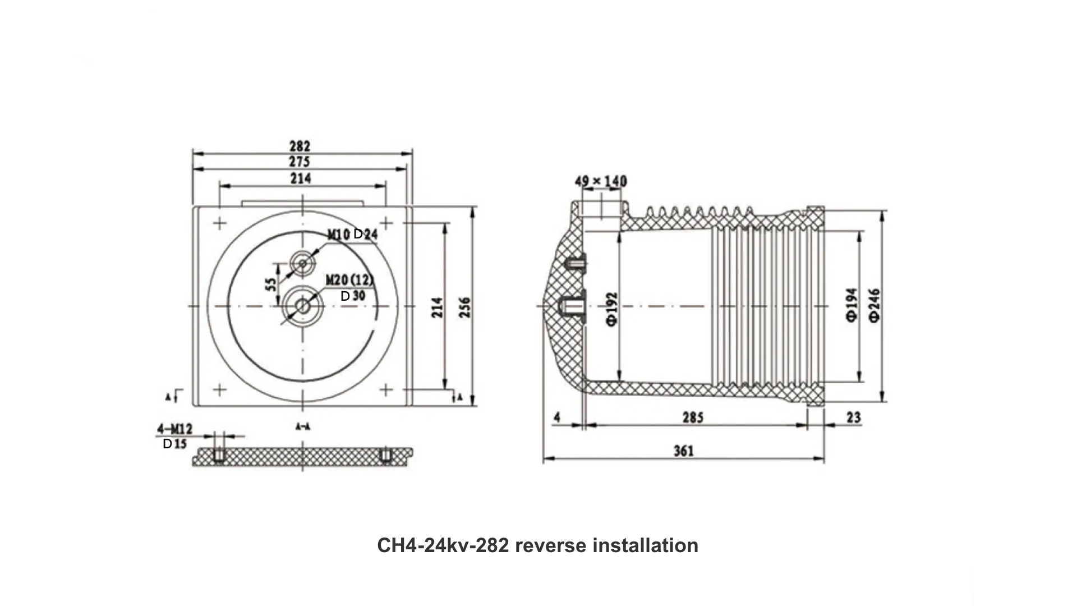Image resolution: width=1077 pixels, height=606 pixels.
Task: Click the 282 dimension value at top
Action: click(x=300, y=146)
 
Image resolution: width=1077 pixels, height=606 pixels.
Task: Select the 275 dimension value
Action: click(x=300, y=162)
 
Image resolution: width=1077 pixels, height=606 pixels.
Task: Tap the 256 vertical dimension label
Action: click(x=465, y=307)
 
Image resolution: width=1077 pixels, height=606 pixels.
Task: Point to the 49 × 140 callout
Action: click(x=600, y=181)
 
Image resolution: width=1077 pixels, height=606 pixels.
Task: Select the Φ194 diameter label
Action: click(x=852, y=305)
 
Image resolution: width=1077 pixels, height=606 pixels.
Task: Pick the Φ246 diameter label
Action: click(x=875, y=305)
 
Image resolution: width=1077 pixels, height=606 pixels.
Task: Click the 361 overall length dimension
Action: click(x=683, y=451)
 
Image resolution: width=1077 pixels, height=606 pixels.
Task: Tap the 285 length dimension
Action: click(x=692, y=417)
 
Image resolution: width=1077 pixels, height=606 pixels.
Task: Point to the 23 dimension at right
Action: click(x=853, y=417)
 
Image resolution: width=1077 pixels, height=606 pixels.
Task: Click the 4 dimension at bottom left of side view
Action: click(x=557, y=417)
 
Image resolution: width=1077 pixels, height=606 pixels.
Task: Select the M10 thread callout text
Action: click(x=339, y=234)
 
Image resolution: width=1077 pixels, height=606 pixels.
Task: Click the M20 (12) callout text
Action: click(x=349, y=279)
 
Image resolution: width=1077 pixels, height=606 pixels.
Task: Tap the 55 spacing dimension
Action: click(x=271, y=284)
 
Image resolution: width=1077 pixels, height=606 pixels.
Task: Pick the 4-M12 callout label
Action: click(x=174, y=429)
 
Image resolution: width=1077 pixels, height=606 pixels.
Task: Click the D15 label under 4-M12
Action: click(x=174, y=444)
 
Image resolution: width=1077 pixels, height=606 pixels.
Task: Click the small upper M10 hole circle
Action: click(x=303, y=263)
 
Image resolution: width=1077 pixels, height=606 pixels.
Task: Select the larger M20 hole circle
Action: click(x=303, y=306)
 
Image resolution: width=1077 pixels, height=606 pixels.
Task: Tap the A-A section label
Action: click(x=303, y=427)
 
